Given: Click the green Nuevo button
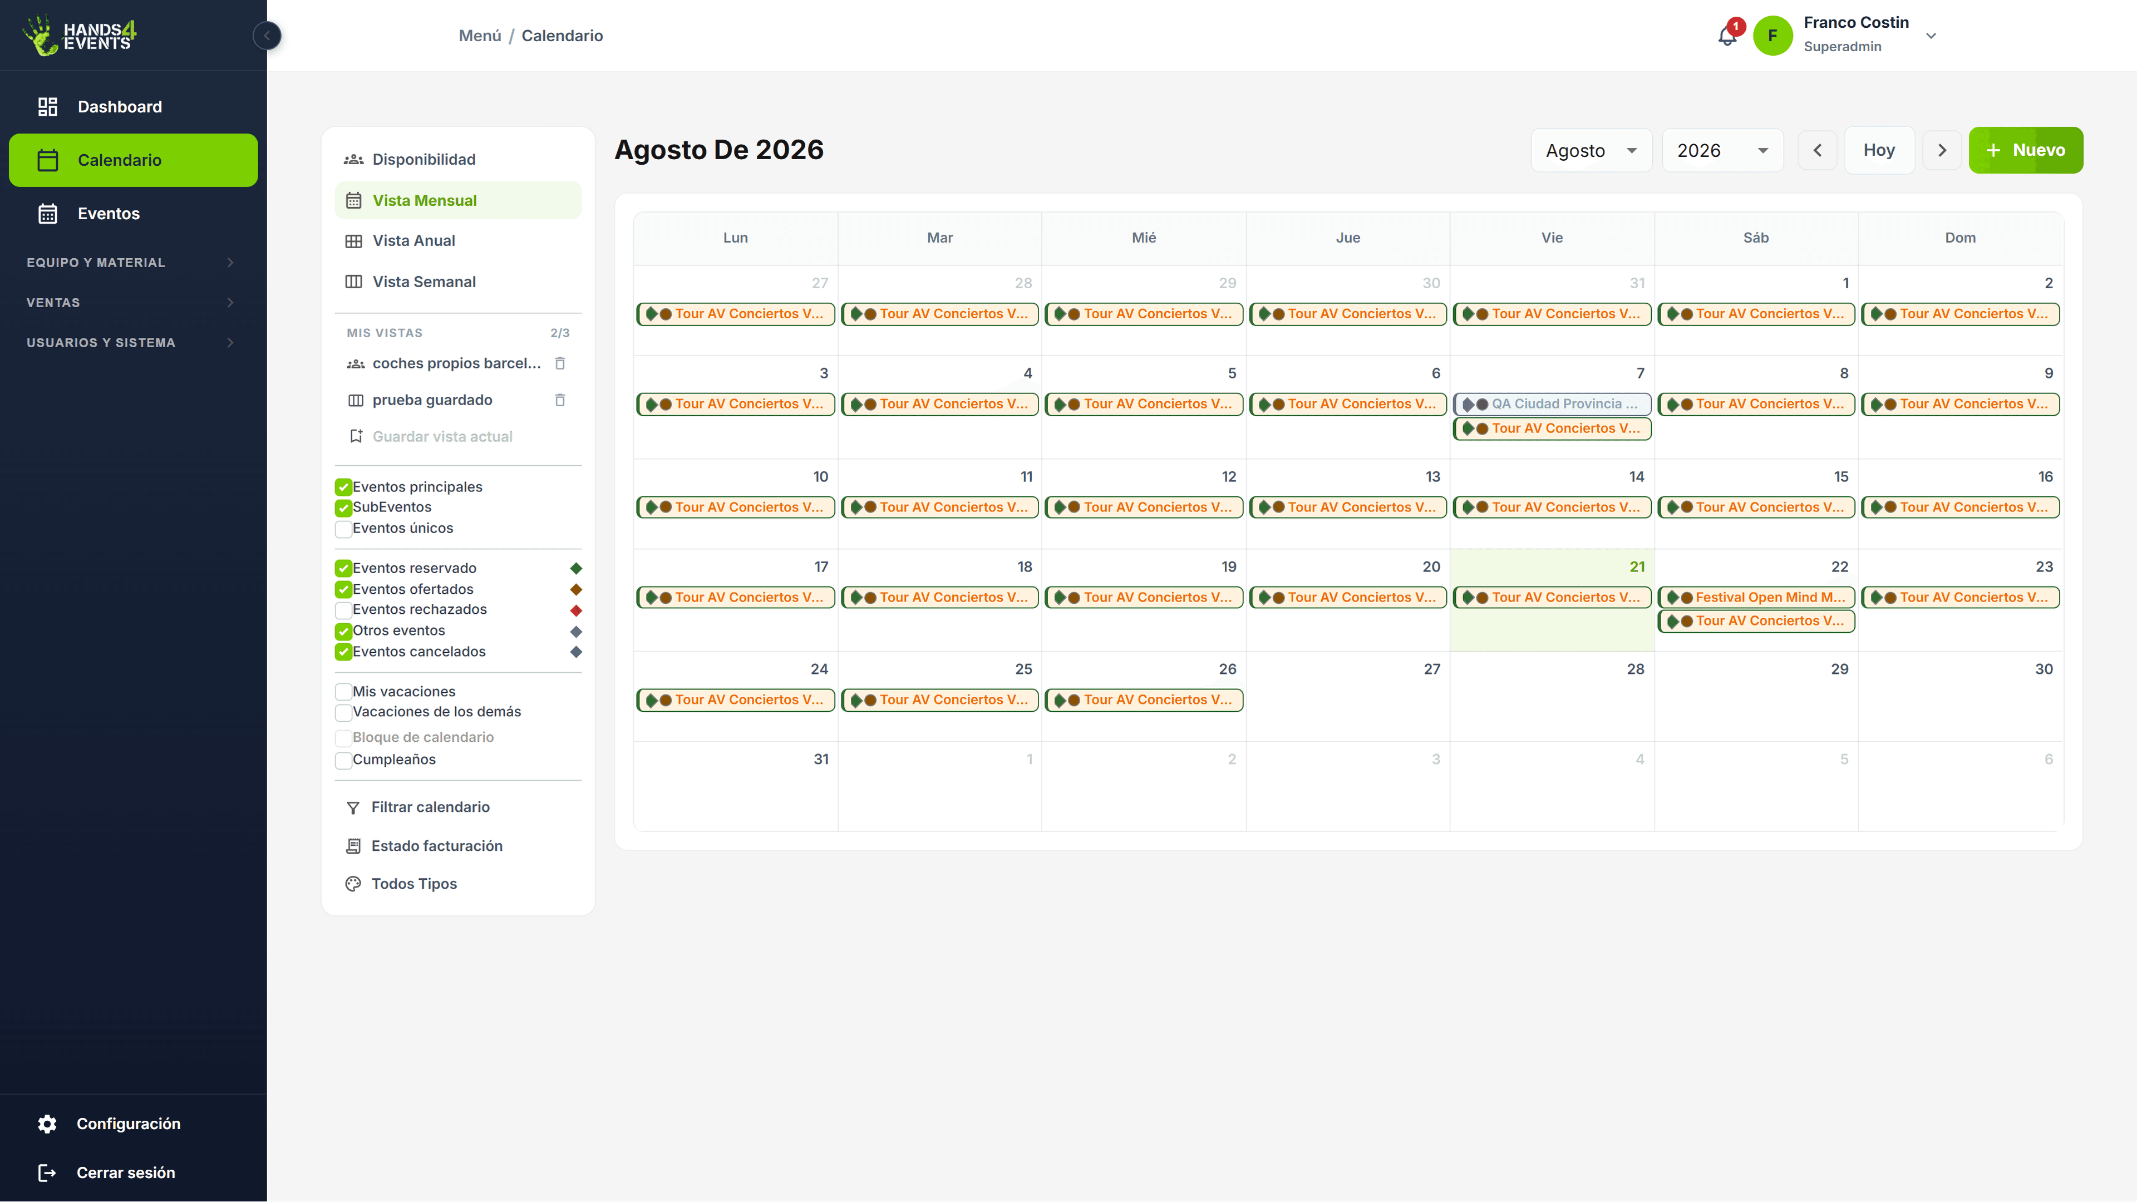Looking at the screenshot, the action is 2025,150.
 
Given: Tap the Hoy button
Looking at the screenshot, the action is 1879,150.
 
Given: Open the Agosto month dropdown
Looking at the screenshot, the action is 1591,151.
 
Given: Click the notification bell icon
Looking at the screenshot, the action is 1727,36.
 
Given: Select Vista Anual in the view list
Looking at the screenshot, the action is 413,240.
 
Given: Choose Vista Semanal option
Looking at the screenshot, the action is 423,282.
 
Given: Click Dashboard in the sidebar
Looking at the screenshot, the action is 120,107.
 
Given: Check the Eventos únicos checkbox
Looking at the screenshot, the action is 343,529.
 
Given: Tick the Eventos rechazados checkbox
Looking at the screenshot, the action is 343,610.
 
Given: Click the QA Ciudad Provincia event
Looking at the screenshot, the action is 1552,404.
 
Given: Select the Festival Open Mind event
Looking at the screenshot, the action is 1756,597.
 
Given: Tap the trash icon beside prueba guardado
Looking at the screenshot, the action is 560,400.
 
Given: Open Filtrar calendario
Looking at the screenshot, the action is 430,807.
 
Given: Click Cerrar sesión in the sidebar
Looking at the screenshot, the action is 125,1172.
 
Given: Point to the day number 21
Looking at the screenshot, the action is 1637,566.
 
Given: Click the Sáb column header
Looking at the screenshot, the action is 1755,238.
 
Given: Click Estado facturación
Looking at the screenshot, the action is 436,846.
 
